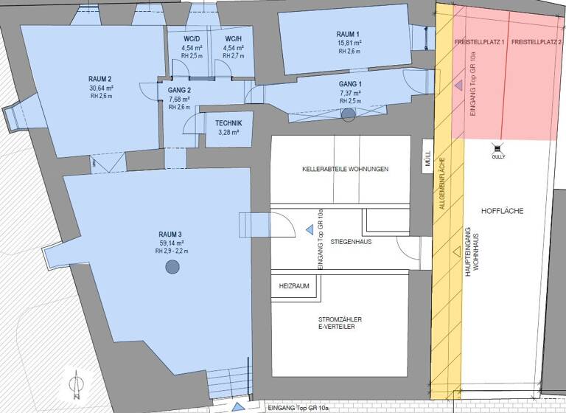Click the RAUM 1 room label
tap(348, 35)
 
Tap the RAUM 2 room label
tap(100, 79)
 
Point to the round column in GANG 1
tap(349, 114)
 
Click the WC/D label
tap(192, 38)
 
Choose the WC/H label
tap(233, 38)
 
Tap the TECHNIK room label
tap(228, 123)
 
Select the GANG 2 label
tap(179, 90)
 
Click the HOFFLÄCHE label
tap(501, 211)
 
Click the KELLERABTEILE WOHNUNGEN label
tap(345, 169)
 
